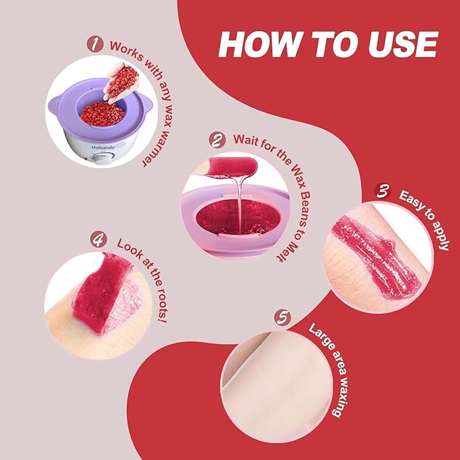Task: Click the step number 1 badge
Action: pos(97,45)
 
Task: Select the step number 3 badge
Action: pos(383,192)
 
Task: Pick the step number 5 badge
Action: pos(284,317)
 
